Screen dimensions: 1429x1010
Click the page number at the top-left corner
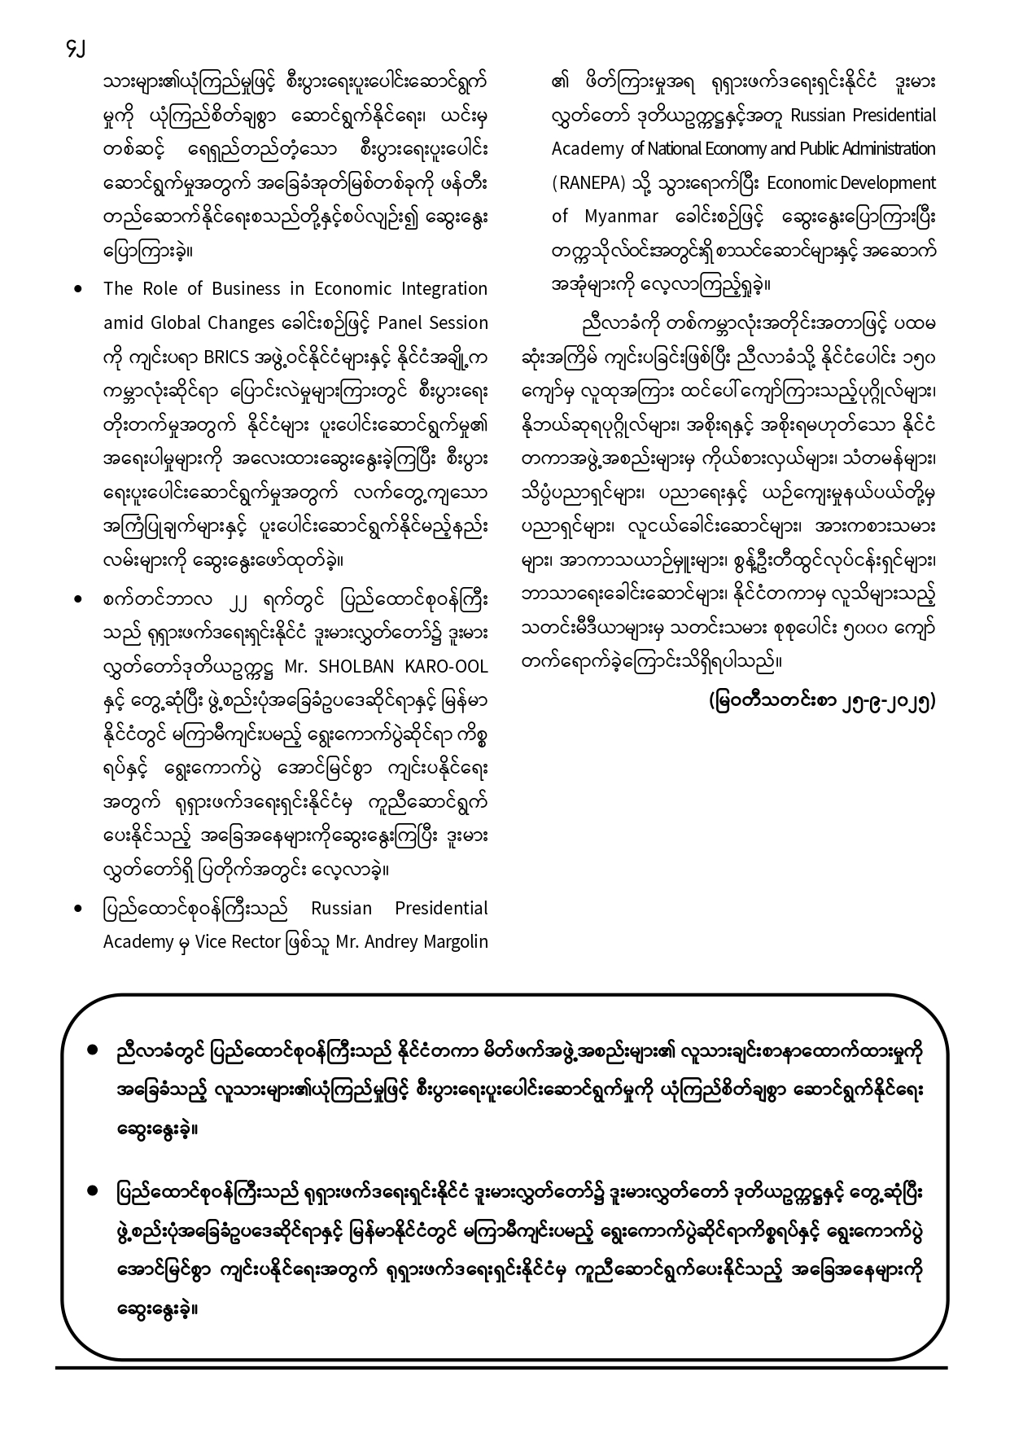click(x=75, y=48)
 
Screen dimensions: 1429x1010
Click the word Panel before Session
click(x=403, y=322)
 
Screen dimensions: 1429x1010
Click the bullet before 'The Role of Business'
click(x=78, y=289)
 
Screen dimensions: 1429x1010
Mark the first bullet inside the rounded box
click(x=94, y=1051)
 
